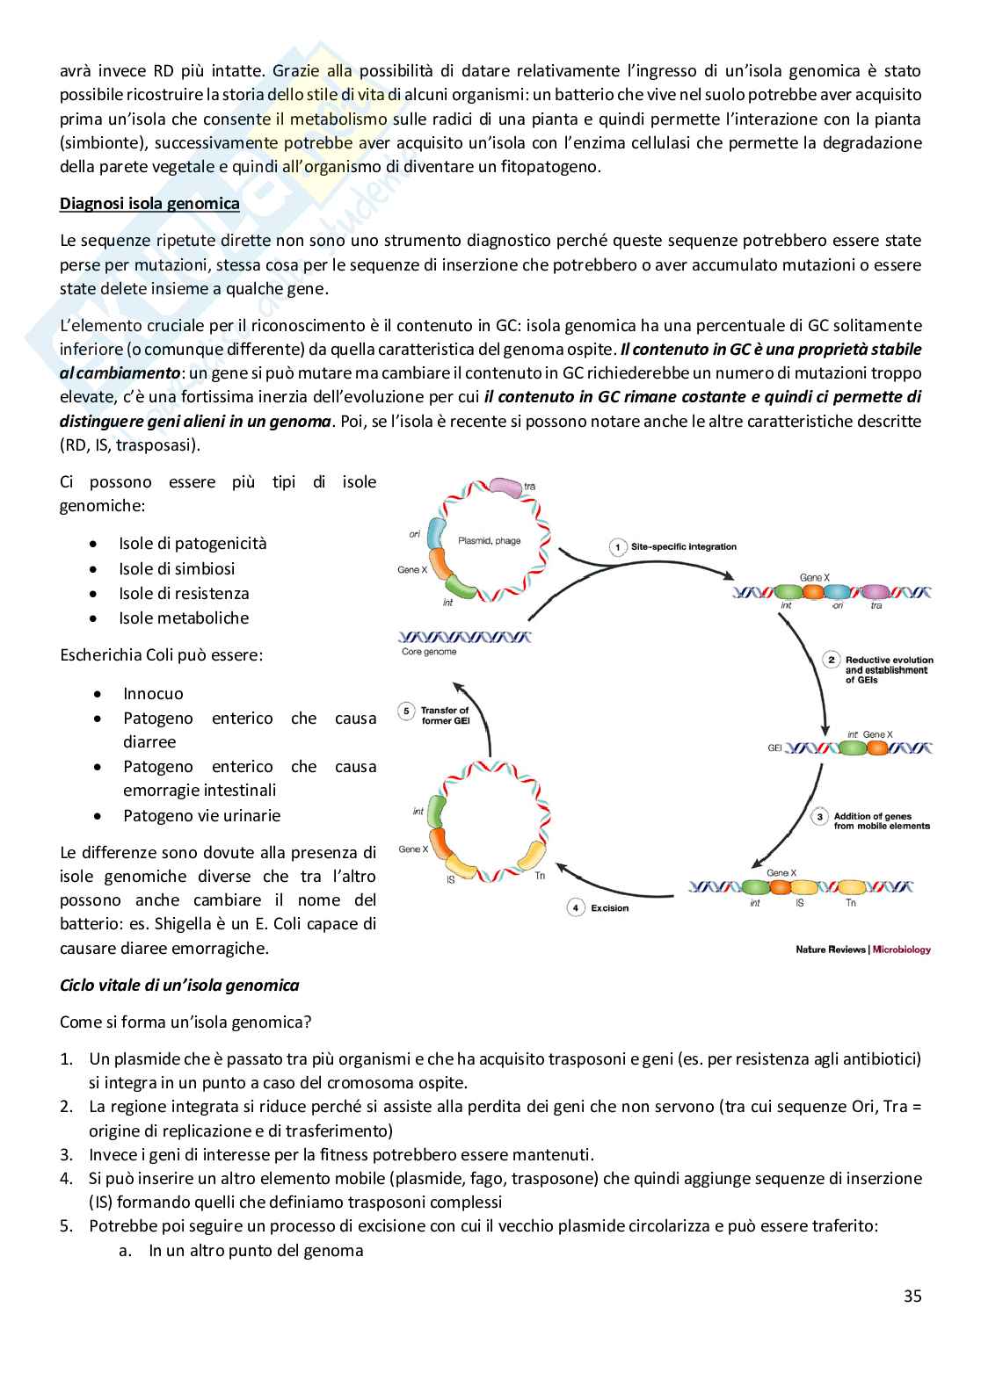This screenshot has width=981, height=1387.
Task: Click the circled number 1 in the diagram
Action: point(617,547)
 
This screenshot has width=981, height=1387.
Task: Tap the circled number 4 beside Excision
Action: point(576,907)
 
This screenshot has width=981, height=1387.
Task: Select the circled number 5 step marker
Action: point(406,712)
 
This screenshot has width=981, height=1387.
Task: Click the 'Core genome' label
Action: point(429,652)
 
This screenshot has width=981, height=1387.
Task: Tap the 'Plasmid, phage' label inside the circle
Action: point(489,541)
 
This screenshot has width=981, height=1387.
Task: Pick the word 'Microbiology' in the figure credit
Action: point(902,950)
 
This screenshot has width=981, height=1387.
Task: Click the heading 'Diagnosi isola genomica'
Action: point(149,204)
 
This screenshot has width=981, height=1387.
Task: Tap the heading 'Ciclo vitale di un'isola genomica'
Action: point(179,986)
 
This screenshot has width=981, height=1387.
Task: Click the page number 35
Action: point(912,1296)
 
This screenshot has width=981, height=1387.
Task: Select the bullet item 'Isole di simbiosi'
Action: point(177,569)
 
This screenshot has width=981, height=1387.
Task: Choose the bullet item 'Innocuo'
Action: point(153,694)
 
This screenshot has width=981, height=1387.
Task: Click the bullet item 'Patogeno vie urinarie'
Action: point(201,816)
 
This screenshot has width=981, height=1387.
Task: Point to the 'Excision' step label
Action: point(609,908)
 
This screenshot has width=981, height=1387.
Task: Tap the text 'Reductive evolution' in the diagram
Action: point(889,660)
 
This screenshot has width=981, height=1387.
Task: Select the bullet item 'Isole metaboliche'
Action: point(184,618)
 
